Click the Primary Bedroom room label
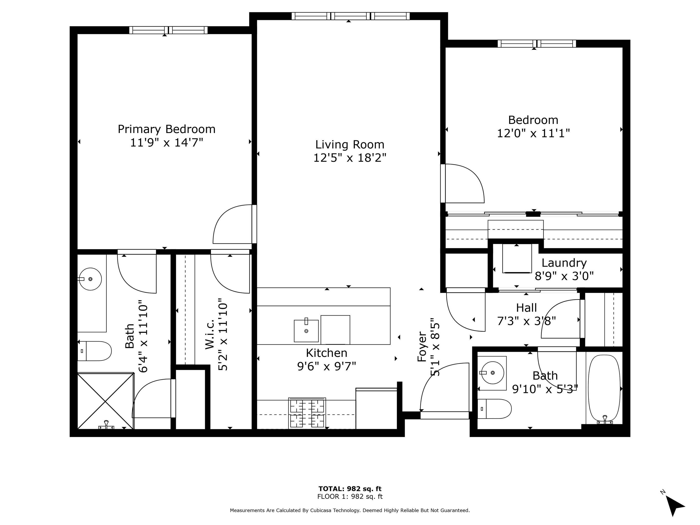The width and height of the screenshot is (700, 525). click(x=167, y=129)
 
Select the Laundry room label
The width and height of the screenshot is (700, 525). click(x=564, y=263)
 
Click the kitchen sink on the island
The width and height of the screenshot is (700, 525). click(x=306, y=331)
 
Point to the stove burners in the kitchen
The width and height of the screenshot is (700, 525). click(x=307, y=413)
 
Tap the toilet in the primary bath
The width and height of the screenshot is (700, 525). click(x=95, y=351)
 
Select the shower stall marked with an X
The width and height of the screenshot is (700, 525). click(x=105, y=401)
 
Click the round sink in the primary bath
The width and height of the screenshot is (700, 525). click(x=90, y=279)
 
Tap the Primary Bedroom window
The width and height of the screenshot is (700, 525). click(x=168, y=30)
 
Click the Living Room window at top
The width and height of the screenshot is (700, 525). click(x=350, y=16)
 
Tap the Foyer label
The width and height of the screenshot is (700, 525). click(x=422, y=347)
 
